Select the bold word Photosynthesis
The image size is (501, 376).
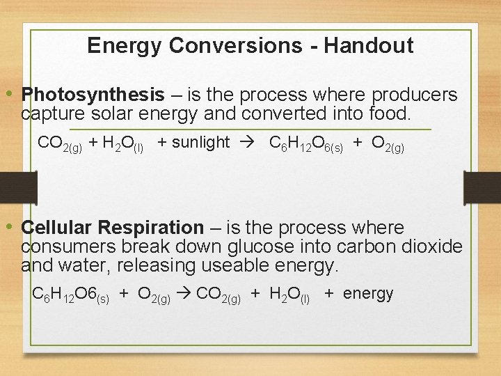point(93,95)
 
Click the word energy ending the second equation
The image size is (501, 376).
point(368,294)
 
